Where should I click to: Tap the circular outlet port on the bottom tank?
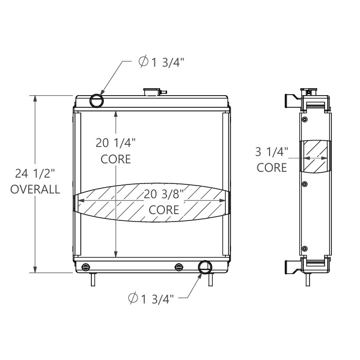coord(205,267)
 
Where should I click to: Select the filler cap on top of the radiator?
coord(152,92)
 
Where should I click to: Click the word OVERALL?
coord(35,190)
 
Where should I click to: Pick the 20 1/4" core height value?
coord(116,142)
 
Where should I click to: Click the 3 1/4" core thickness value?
coord(272,153)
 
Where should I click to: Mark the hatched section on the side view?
coord(315,156)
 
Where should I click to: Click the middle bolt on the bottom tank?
coord(178,265)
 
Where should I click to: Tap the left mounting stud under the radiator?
coord(94,279)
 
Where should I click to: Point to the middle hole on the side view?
coord(304,184)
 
